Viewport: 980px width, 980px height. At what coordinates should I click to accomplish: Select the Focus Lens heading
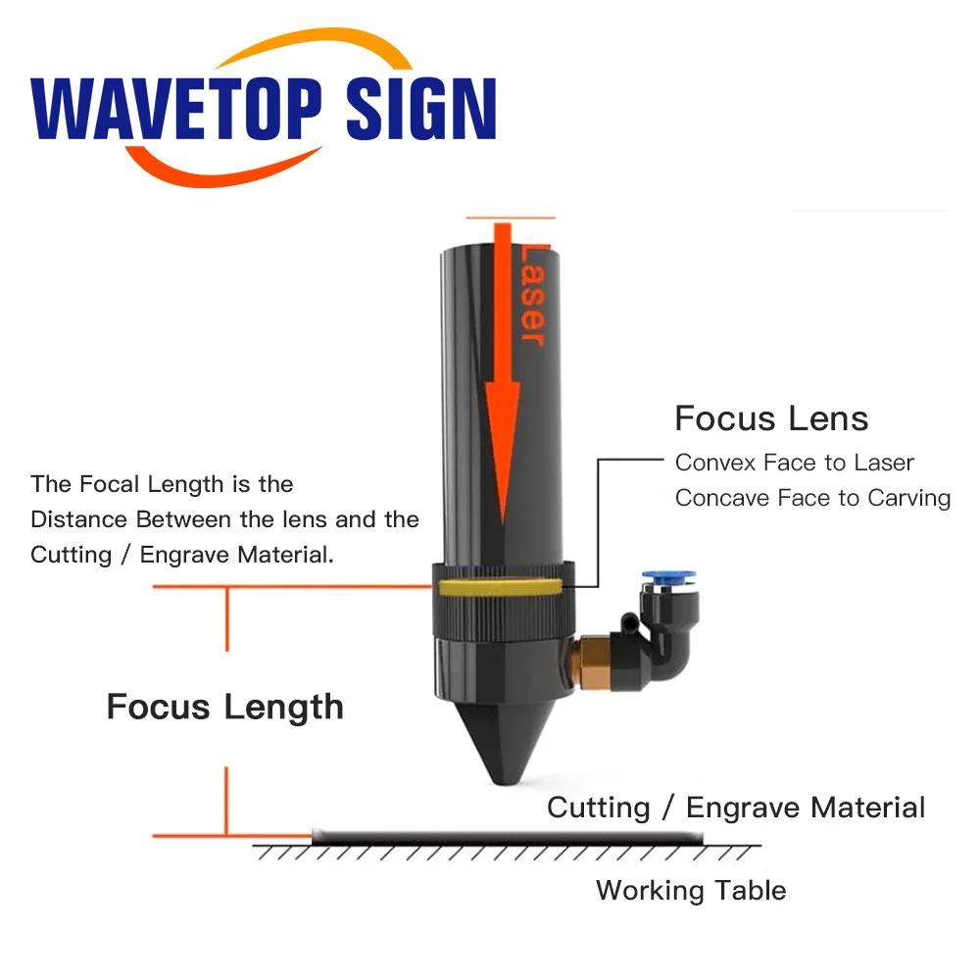[x=771, y=419]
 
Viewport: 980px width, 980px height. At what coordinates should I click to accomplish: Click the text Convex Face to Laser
[x=794, y=463]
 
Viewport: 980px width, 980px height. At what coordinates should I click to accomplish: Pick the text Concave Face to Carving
[x=812, y=498]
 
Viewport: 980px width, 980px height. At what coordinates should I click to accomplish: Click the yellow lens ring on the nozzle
[x=500, y=587]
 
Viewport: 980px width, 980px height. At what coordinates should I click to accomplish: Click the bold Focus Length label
[x=224, y=707]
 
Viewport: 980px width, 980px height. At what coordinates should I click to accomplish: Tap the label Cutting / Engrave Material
[x=735, y=808]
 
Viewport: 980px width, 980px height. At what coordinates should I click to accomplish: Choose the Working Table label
[x=690, y=891]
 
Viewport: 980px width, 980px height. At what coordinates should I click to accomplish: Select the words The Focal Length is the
[x=162, y=484]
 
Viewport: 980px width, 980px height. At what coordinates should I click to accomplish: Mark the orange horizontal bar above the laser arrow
[x=511, y=218]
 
